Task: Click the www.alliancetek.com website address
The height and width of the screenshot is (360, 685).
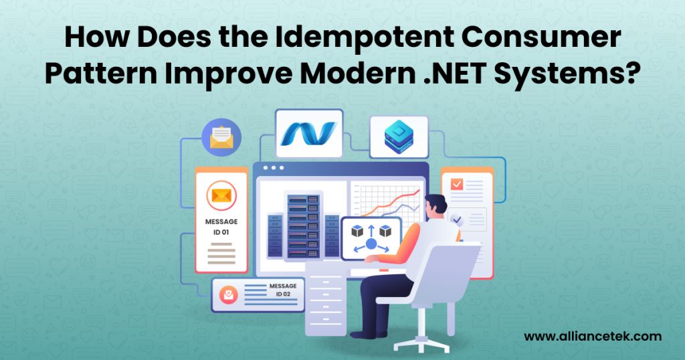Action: tap(592, 336)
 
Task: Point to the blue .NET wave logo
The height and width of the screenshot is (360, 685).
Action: tap(308, 133)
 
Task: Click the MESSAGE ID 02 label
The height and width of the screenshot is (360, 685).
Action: tap(283, 290)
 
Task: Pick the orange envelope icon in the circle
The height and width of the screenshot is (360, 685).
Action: tap(221, 195)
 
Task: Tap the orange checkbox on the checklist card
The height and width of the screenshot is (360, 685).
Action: tap(458, 183)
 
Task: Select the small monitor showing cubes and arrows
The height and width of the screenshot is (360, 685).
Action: tap(371, 238)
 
